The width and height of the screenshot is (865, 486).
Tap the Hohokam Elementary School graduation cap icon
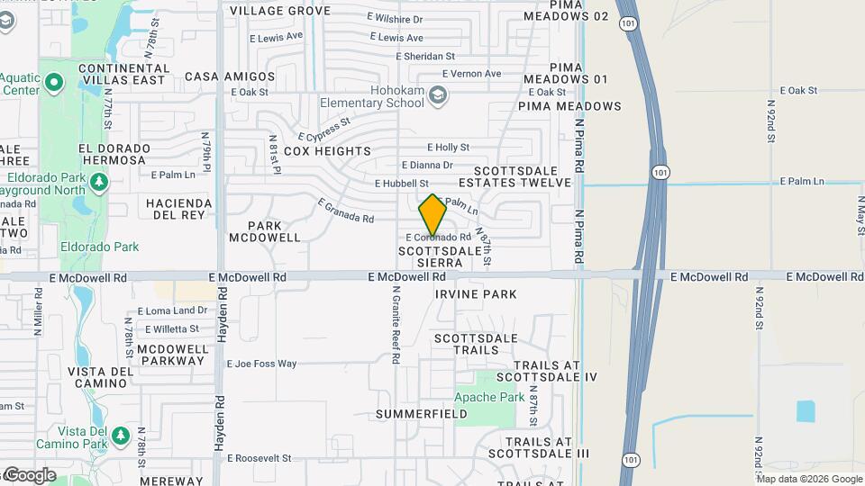click(438, 94)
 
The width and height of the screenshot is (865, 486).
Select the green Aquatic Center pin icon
click(53, 85)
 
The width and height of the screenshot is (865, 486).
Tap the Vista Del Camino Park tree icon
click(120, 436)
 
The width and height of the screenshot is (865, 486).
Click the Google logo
click(30, 475)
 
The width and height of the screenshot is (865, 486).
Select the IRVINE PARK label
click(476, 294)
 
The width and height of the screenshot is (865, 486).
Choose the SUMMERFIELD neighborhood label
click(422, 414)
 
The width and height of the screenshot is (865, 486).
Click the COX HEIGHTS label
click(327, 151)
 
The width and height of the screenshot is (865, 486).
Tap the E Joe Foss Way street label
click(261, 364)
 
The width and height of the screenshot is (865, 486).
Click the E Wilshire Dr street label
click(401, 17)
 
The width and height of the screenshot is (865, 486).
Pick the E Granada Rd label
click(345, 211)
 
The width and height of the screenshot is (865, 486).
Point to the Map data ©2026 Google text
click(809, 479)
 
